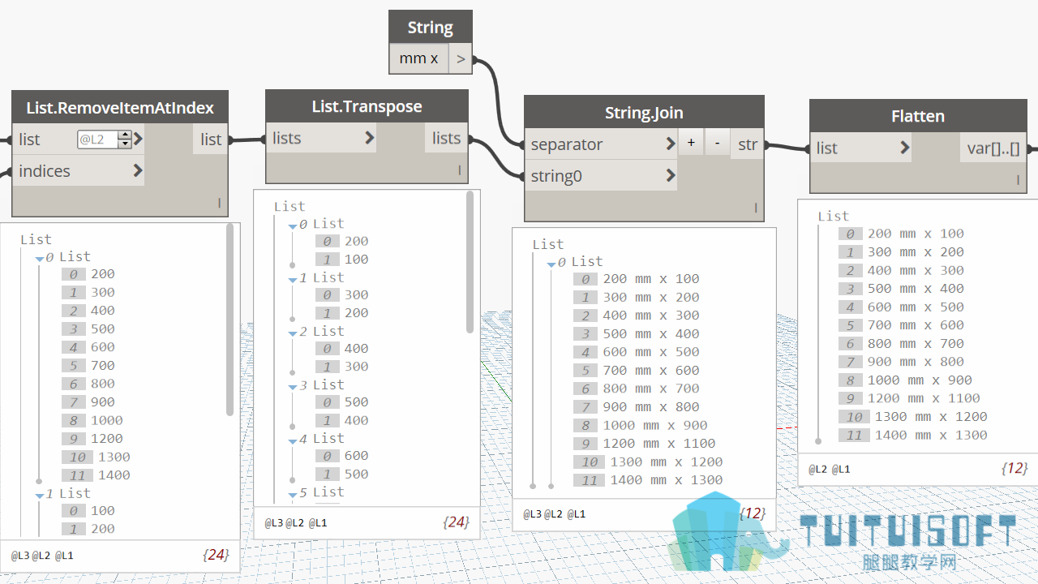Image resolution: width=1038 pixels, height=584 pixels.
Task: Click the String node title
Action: click(430, 28)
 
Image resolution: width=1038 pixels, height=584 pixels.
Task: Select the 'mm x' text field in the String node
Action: click(419, 58)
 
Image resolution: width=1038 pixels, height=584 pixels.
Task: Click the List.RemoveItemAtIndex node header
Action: click(120, 108)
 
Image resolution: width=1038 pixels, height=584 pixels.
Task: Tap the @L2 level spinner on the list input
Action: click(125, 139)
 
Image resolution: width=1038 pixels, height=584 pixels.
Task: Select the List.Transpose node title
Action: click(367, 106)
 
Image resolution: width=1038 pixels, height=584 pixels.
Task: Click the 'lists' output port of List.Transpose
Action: click(446, 138)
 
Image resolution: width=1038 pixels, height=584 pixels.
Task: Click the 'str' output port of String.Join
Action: click(747, 144)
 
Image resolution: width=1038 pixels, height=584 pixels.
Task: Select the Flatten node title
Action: click(918, 116)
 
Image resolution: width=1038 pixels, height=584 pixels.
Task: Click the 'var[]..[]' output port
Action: click(993, 148)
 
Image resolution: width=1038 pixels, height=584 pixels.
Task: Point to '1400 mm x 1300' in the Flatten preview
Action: click(931, 436)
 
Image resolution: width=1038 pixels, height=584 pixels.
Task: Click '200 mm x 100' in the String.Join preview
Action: click(651, 279)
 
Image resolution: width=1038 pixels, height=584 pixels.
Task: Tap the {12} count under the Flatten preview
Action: click(1014, 469)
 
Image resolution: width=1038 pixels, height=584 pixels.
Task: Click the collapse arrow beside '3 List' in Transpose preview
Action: click(293, 387)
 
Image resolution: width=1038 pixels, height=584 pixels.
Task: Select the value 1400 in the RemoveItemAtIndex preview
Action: click(114, 475)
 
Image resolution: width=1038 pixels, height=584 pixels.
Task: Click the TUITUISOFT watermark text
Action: click(908, 530)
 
